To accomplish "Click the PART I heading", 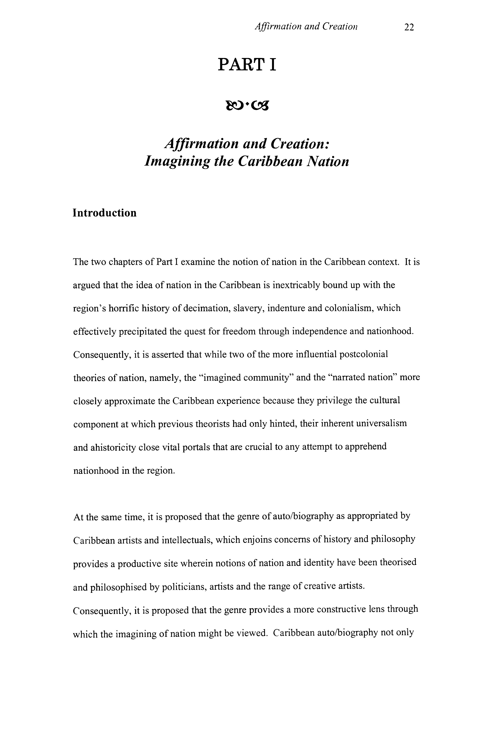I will tap(247, 65).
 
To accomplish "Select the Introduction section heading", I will tap(105, 213).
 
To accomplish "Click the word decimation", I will tap(206, 308).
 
